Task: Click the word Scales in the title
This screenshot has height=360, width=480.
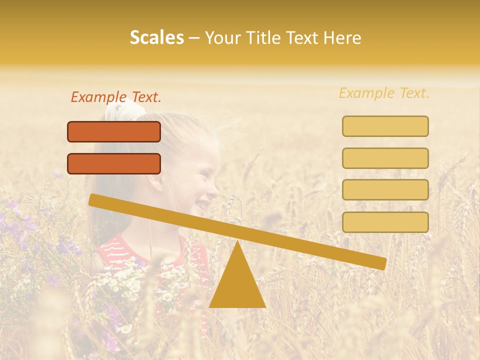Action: pos(156,38)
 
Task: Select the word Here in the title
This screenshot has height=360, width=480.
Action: pos(342,38)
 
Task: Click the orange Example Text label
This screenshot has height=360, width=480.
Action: pos(116,97)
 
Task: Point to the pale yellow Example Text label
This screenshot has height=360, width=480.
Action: pos(384,93)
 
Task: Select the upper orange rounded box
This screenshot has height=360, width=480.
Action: pos(114,131)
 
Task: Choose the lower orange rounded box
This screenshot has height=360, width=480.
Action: pos(114,163)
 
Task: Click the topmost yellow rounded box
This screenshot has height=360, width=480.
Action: pos(385,126)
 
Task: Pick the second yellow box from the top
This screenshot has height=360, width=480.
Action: pos(385,158)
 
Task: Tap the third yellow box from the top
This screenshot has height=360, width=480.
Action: pos(385,190)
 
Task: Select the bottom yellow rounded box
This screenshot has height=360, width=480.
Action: pos(385,222)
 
